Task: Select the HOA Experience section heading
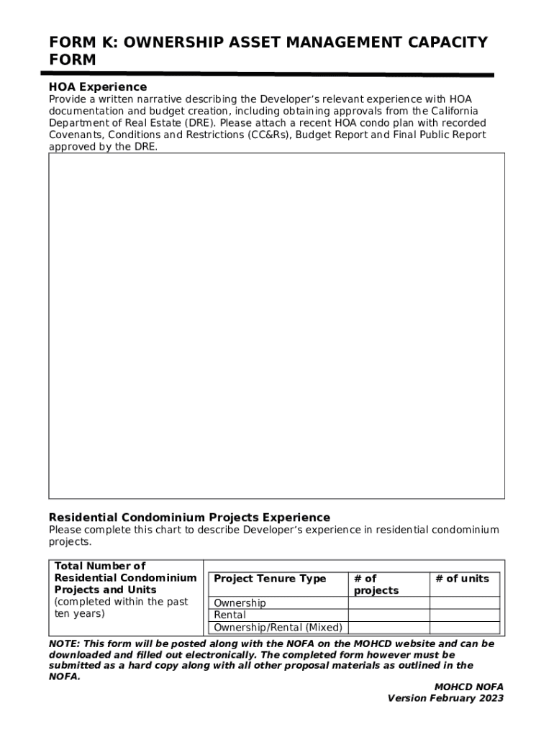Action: click(97, 87)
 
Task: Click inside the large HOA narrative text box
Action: click(276, 325)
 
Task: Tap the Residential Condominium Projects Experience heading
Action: click(189, 517)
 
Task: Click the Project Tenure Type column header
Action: click(270, 579)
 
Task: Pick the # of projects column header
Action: click(376, 584)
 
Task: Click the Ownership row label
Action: click(240, 603)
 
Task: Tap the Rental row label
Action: click(230, 615)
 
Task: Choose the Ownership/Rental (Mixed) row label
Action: click(278, 628)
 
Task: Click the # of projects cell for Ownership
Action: click(389, 603)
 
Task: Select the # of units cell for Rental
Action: click(464, 615)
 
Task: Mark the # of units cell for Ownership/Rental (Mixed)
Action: click(464, 628)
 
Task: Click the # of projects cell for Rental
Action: click(389, 615)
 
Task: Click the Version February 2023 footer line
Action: click(445, 698)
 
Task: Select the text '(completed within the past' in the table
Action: click(121, 602)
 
